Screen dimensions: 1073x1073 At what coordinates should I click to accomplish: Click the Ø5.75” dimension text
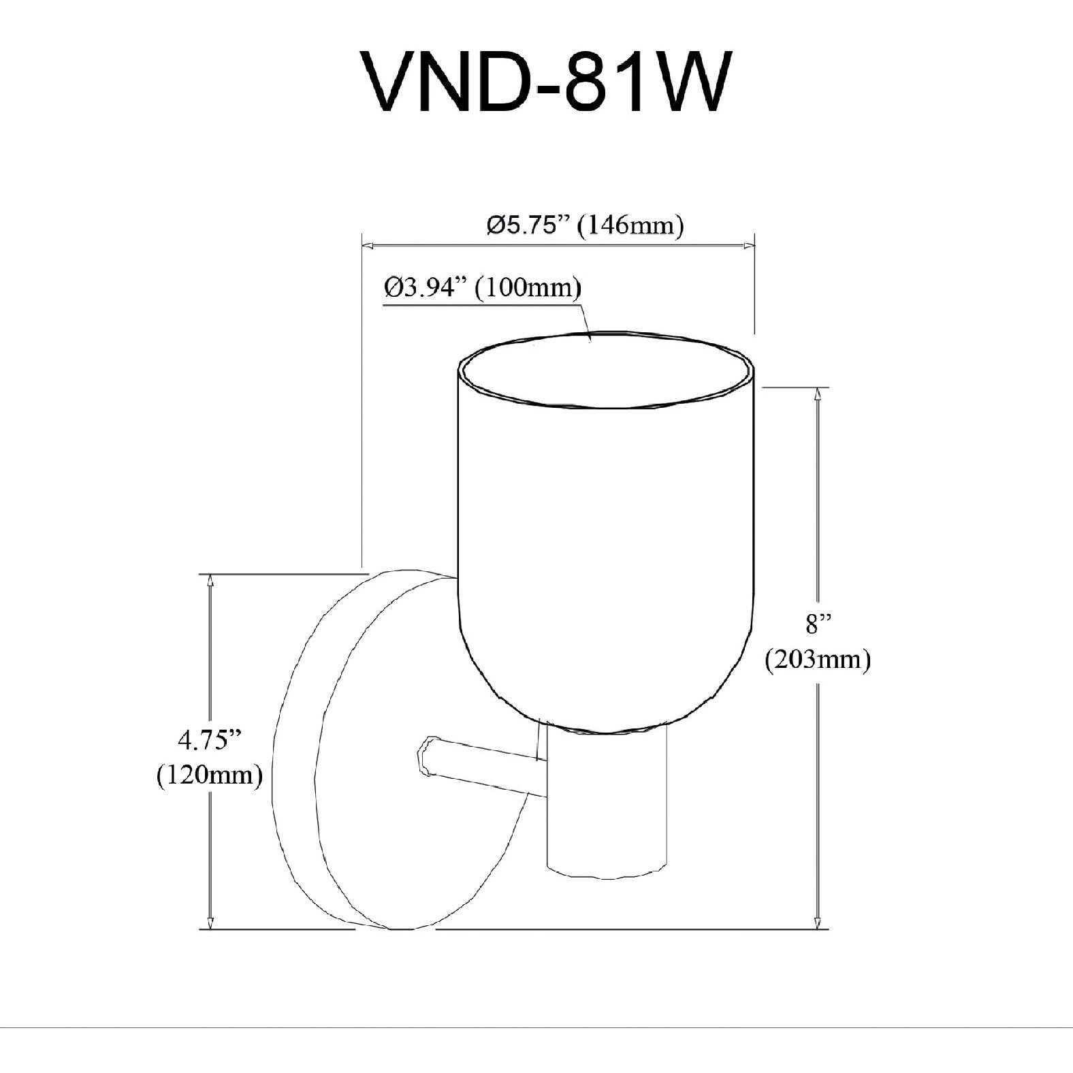[528, 225]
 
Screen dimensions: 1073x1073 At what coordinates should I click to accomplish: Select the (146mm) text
[630, 225]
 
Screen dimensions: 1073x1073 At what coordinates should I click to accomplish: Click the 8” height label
[818, 624]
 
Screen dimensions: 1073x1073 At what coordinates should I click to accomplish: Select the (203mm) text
[818, 660]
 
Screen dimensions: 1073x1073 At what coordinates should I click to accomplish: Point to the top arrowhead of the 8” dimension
[817, 393]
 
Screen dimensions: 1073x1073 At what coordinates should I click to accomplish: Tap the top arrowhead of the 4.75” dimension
[210, 579]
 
